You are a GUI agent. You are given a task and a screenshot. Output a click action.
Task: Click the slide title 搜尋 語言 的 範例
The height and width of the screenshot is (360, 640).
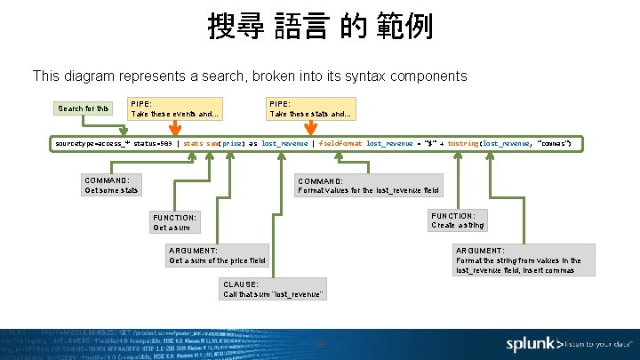pos(320,26)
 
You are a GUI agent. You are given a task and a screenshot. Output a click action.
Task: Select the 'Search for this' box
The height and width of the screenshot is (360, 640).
pos(84,108)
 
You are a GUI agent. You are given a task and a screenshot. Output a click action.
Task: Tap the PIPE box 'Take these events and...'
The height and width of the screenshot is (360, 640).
pos(174,108)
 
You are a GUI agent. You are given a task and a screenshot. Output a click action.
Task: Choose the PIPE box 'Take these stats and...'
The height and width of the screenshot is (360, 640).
pos(312,108)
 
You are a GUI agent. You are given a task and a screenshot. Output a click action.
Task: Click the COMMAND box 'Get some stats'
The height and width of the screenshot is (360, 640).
pos(111,184)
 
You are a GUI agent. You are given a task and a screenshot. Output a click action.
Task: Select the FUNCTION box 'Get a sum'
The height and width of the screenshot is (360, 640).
pos(174,222)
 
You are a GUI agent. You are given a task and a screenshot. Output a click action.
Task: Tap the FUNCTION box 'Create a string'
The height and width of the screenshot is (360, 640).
pos(459,220)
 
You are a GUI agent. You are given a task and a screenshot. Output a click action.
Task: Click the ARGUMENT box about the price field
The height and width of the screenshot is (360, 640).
pos(218,255)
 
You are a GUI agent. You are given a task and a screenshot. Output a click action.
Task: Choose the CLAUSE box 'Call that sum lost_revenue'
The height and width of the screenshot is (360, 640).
pos(274,289)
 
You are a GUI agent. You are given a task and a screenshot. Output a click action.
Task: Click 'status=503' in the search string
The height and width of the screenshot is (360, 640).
pos(153,143)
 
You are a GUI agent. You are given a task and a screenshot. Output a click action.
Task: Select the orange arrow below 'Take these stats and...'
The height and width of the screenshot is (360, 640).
pos(312,130)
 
